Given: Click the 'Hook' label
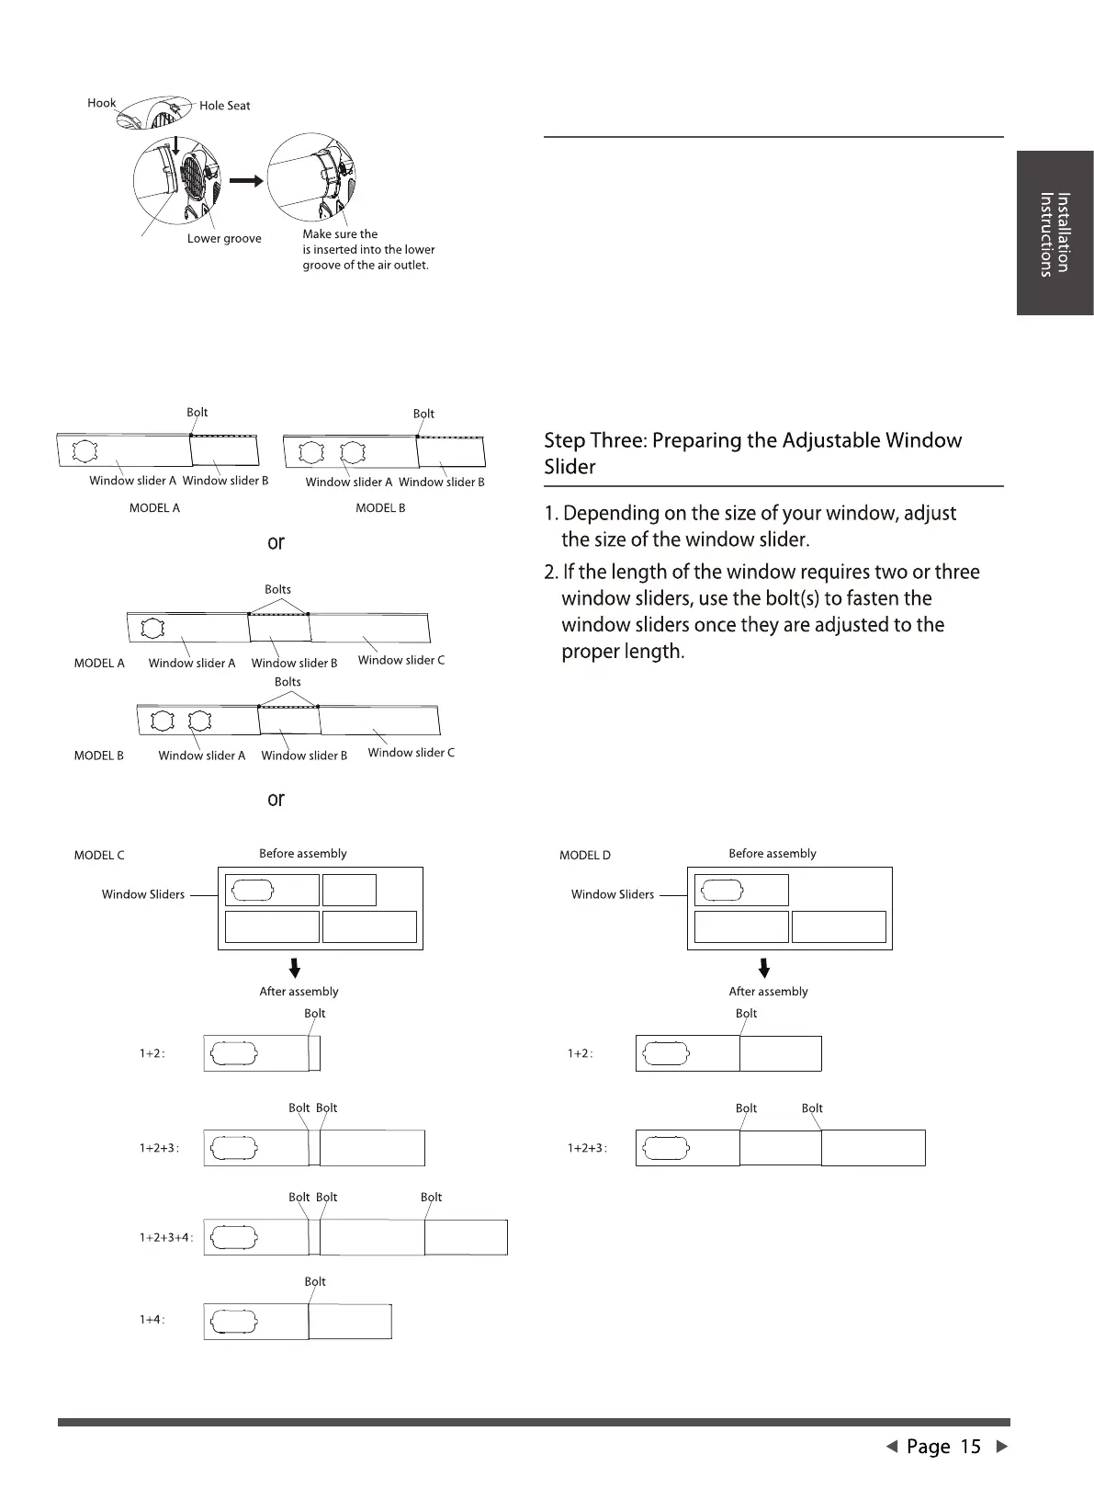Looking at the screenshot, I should click(101, 103).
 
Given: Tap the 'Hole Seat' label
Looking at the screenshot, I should click(224, 106).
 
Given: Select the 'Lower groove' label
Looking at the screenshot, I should click(224, 239).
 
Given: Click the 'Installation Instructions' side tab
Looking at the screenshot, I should click(1055, 233).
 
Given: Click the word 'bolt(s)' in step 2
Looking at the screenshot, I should click(784, 598).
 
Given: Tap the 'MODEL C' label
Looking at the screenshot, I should click(99, 856).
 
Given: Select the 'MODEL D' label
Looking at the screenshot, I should click(585, 856).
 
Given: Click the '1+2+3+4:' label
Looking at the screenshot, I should click(166, 1238).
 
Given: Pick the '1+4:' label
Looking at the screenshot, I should click(152, 1320).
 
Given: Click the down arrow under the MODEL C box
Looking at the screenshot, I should click(295, 968).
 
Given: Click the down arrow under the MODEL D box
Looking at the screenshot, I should click(764, 968).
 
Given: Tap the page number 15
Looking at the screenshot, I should click(971, 1447).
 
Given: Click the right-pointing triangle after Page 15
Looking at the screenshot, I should click(1002, 1447).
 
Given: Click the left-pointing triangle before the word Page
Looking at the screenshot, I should click(890, 1447).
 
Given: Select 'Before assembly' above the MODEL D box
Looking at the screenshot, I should click(772, 854).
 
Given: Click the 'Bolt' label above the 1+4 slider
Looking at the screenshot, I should click(315, 1281).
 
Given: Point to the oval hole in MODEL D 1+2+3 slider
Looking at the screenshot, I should click(666, 1149).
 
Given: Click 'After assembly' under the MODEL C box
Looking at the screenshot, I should click(299, 992).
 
